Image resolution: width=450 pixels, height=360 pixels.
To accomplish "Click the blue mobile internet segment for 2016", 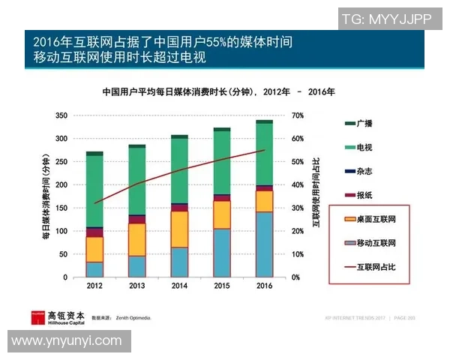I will click(265, 244).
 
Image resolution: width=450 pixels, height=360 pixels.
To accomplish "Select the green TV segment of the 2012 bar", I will click(94, 191).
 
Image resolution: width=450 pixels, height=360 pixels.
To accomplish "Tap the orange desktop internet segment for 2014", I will click(179, 229).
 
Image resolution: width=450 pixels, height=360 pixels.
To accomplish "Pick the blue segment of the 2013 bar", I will click(137, 266).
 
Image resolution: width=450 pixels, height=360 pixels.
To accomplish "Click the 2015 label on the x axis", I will click(222, 286).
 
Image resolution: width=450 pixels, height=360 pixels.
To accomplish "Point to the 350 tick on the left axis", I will click(61, 115).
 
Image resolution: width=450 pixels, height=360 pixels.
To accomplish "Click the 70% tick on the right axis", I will click(298, 115).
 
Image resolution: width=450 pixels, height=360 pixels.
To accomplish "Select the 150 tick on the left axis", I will click(61, 208).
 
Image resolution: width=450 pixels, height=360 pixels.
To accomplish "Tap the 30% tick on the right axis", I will click(298, 208).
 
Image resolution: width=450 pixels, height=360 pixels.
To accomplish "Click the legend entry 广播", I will click(364, 122).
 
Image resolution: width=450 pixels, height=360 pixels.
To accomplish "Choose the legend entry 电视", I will click(364, 146).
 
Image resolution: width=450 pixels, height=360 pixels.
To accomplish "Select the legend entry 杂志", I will click(364, 171).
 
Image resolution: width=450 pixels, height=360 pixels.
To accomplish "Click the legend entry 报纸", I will click(364, 195).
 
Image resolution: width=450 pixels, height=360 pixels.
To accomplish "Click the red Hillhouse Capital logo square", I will click(37, 317).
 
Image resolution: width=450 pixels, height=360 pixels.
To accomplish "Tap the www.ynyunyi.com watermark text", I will click(67, 341).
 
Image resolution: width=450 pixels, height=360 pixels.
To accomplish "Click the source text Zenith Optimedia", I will click(134, 319).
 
